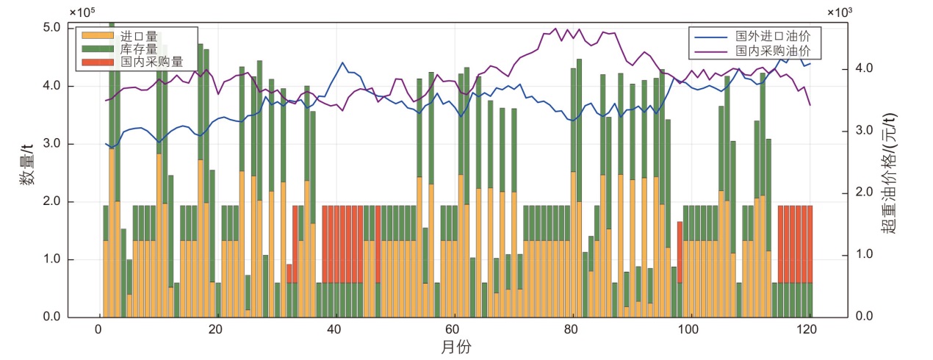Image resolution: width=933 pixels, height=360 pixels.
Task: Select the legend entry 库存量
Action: point(139,48)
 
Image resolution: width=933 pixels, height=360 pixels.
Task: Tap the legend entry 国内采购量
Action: point(151,62)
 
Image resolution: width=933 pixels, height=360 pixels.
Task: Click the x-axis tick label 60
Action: point(453,328)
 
